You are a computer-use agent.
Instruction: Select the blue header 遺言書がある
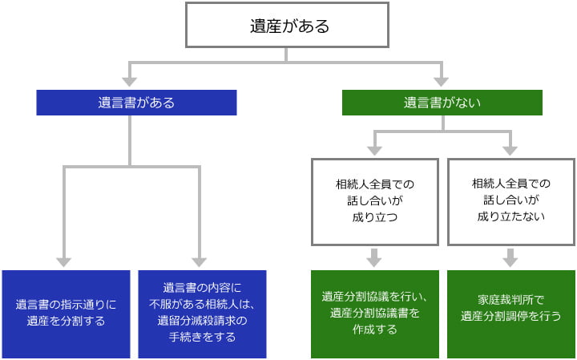(136, 103)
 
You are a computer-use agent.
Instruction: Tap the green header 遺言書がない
(442, 103)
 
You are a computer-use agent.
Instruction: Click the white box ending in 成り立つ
(375, 200)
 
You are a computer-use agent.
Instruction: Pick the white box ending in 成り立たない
(510, 200)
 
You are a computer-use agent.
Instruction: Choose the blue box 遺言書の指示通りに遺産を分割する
(66, 313)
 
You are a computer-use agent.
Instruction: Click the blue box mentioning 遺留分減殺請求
(202, 313)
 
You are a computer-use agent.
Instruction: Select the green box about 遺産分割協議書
(375, 313)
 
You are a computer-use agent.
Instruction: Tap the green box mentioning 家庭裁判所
(510, 313)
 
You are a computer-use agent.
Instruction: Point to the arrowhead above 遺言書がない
(440, 81)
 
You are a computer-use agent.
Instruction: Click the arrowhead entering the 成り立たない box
(510, 149)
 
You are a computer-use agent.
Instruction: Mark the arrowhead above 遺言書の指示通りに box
(63, 261)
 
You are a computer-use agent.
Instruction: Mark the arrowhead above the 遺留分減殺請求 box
(200, 261)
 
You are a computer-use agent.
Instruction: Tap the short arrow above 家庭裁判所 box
(510, 257)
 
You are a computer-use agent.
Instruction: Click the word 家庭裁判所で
(510, 300)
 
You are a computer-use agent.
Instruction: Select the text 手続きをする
(203, 338)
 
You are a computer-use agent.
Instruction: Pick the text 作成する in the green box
(375, 329)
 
